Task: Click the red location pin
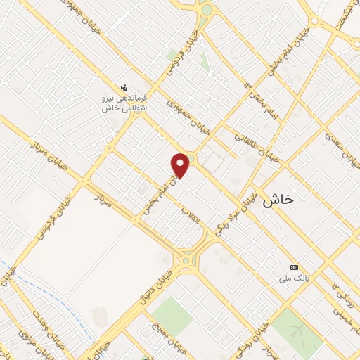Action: pyautogui.click(x=181, y=164)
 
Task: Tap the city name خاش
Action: pyautogui.click(x=278, y=200)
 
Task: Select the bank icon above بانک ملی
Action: pyautogui.click(x=294, y=267)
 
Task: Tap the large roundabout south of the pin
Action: pyautogui.click(x=186, y=261)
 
